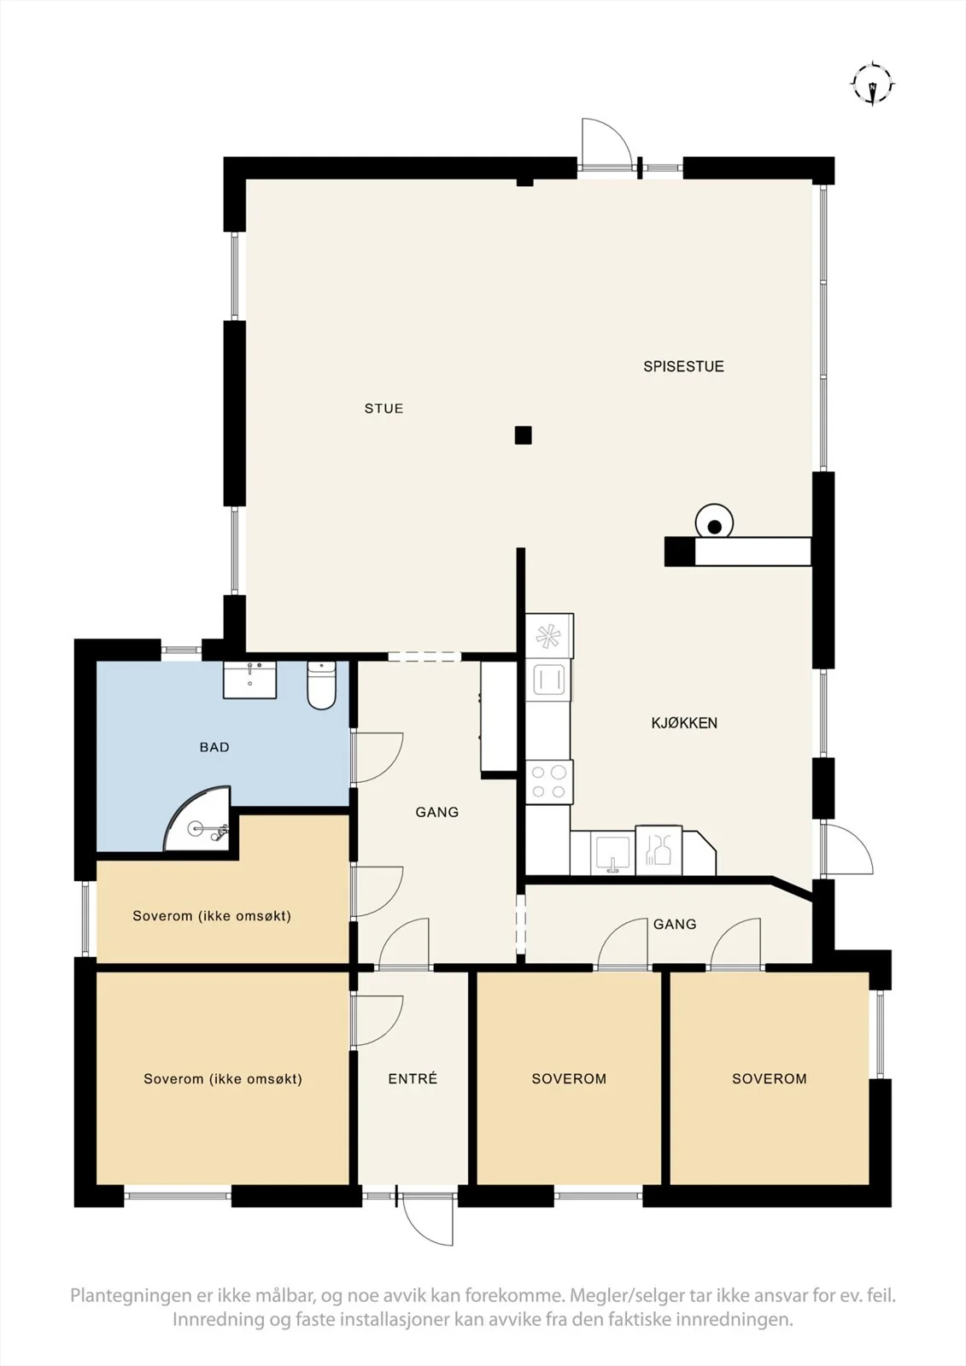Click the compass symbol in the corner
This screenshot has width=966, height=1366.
(873, 84)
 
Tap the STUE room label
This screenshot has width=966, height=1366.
(383, 409)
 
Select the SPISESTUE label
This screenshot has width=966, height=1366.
(683, 366)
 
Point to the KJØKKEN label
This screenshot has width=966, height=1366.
(684, 723)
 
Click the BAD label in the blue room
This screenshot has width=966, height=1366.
(214, 747)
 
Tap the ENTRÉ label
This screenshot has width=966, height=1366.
(413, 1079)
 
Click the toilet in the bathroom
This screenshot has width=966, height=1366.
(322, 686)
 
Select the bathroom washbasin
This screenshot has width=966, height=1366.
(249, 680)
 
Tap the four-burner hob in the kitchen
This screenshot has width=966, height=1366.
(548, 782)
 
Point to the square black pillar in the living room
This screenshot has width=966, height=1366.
(523, 435)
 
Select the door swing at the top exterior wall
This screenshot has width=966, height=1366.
(606, 142)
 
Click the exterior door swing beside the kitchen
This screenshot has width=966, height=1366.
(847, 849)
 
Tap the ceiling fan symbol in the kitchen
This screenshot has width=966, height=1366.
(548, 636)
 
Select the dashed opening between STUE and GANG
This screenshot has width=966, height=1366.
(424, 657)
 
